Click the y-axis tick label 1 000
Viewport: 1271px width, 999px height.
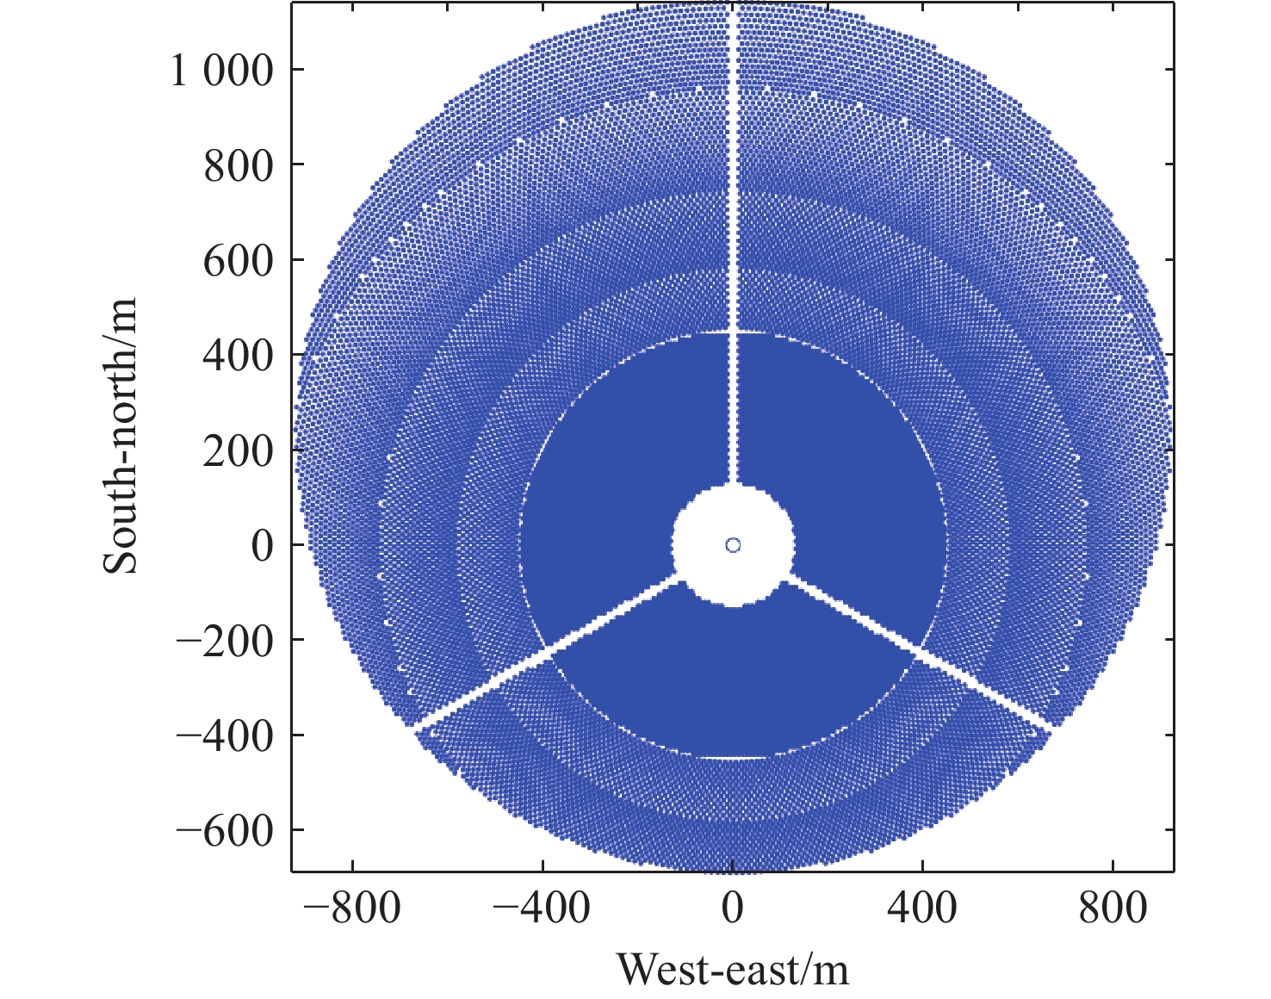pyautogui.click(x=221, y=71)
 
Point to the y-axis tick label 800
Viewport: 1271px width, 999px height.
pyautogui.click(x=238, y=165)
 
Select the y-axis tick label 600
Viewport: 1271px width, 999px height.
pyautogui.click(x=238, y=260)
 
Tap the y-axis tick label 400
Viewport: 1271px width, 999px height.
pyautogui.click(x=238, y=355)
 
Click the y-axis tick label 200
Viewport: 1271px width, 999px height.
pyautogui.click(x=238, y=450)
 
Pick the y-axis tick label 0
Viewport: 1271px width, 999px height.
pyautogui.click(x=262, y=545)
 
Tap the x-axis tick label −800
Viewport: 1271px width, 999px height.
pyautogui.click(x=352, y=908)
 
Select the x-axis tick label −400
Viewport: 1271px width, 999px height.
pyautogui.click(x=542, y=908)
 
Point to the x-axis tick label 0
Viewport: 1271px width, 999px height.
pyautogui.click(x=733, y=908)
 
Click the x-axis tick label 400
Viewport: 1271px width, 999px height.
pyautogui.click(x=923, y=908)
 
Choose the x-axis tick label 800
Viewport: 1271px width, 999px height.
pyautogui.click(x=1113, y=908)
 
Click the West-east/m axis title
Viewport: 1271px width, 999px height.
pyautogui.click(x=733, y=970)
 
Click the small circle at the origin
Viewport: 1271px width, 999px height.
pyautogui.click(x=733, y=544)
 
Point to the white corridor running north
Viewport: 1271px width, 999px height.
pyautogui.click(x=733, y=258)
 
